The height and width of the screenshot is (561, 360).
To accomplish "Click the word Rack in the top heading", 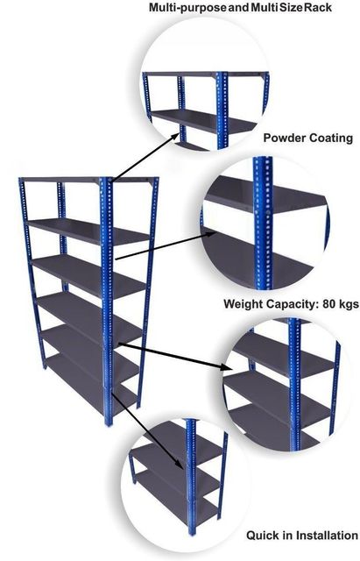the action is [318, 7].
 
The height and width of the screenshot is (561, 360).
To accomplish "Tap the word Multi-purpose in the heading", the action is [187, 8].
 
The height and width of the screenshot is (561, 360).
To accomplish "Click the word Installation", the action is [328, 536].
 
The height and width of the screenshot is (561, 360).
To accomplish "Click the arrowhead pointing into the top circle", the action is [175, 136].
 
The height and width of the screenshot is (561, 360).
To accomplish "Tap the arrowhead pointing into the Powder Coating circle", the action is [212, 233].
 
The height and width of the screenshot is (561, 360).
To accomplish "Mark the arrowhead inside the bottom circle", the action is [180, 464].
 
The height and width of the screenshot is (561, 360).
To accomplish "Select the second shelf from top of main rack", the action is [88, 231].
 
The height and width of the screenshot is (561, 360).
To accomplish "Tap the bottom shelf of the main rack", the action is [91, 382].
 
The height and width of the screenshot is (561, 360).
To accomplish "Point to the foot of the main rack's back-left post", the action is [45, 366].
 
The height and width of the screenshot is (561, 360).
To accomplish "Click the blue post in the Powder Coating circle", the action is [264, 223].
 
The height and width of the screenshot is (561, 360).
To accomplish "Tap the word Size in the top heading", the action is [292, 7].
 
